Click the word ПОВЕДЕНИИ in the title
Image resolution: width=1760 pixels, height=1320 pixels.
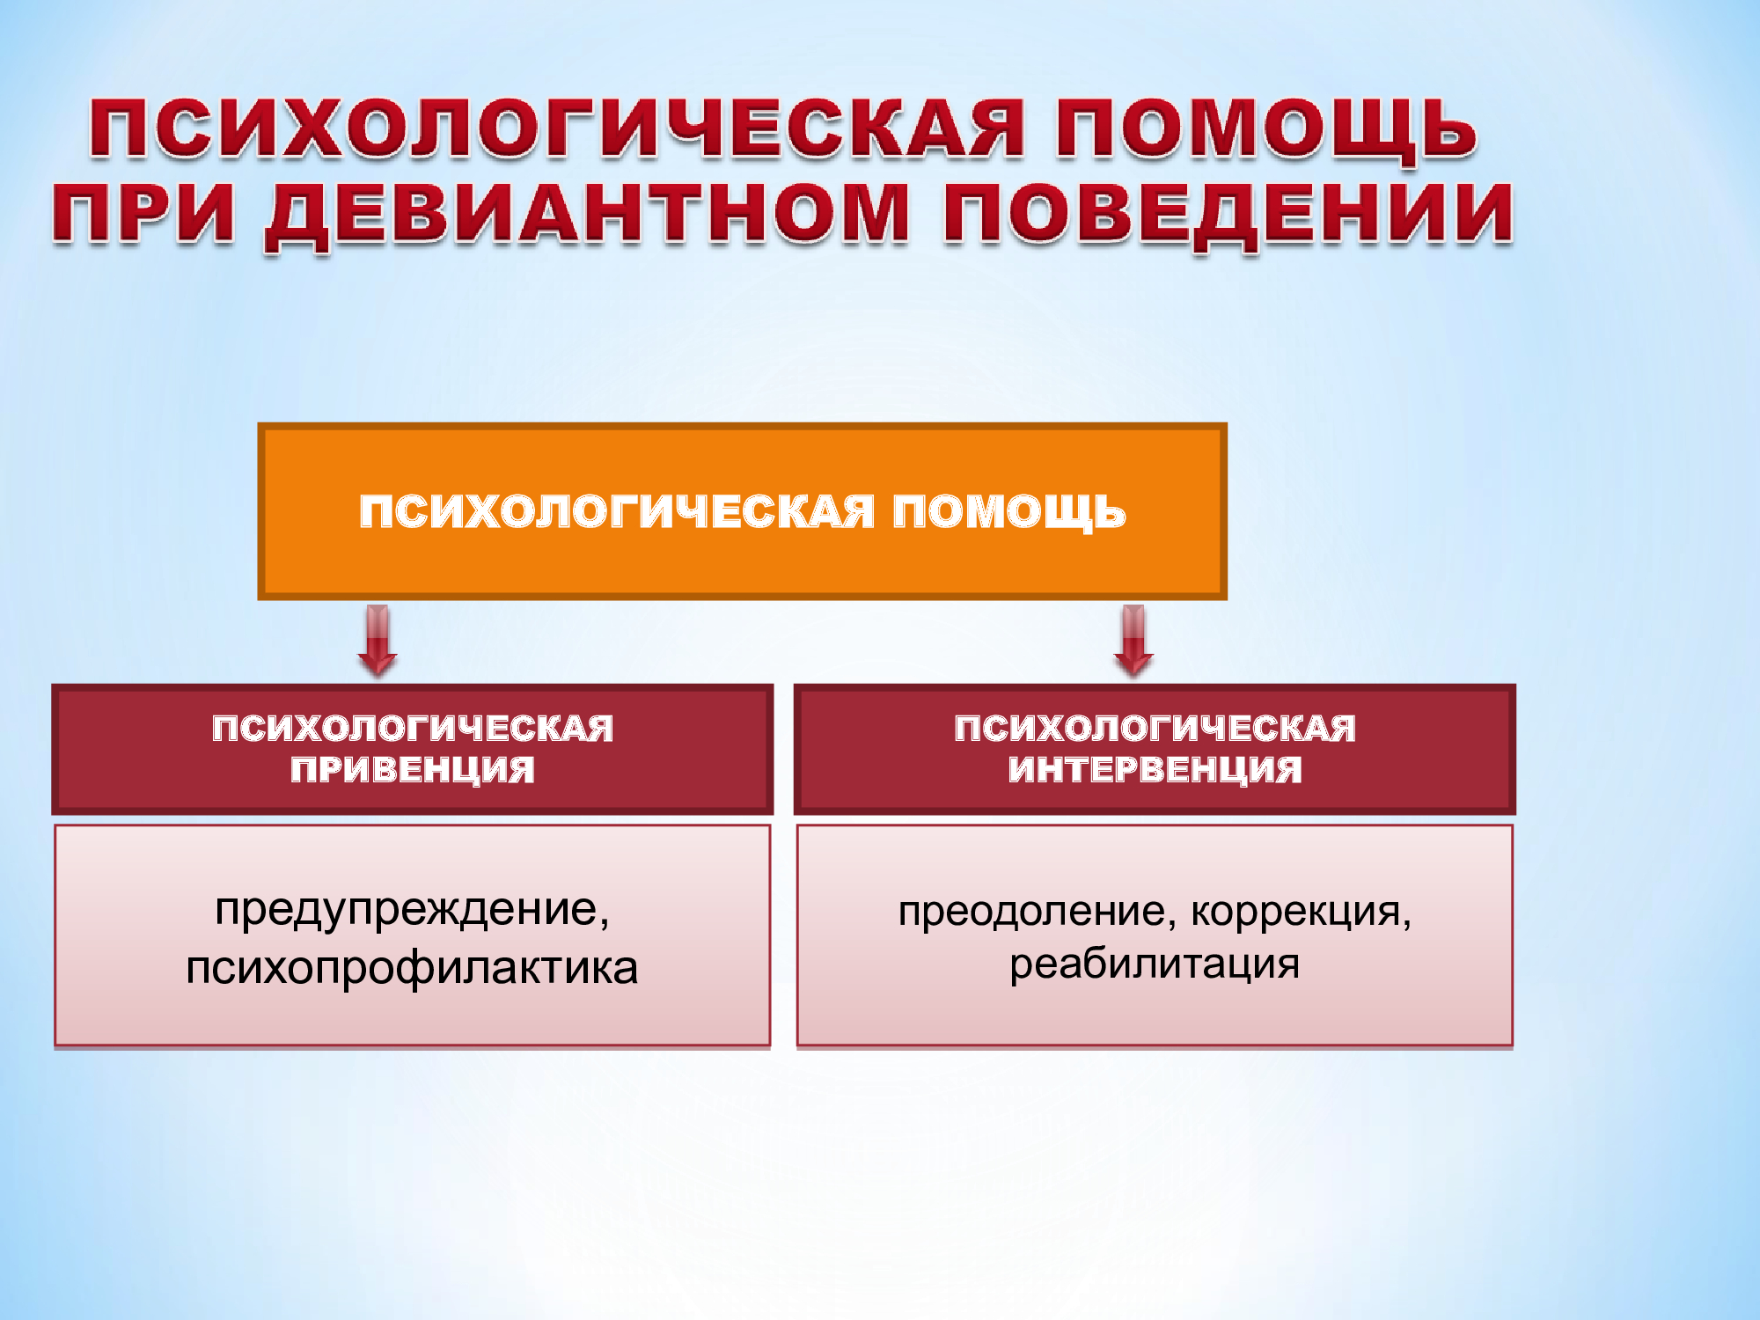tap(1228, 216)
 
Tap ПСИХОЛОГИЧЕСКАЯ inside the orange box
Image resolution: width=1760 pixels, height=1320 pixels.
tap(616, 511)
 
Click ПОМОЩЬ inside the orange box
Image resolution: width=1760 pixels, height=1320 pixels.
tap(1009, 512)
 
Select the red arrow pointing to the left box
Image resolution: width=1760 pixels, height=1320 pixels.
tap(378, 641)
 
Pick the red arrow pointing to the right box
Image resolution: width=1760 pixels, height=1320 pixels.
tap(1133, 641)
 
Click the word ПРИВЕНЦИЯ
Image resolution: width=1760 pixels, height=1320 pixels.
tap(413, 769)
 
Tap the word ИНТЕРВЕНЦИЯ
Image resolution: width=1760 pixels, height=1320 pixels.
tap(1155, 769)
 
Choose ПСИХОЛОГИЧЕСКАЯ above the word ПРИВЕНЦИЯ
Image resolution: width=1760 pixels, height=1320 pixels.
tap(413, 729)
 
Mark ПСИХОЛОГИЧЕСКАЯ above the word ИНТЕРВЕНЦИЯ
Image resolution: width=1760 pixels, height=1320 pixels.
tap(1155, 729)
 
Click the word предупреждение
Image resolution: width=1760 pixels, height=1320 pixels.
tap(407, 910)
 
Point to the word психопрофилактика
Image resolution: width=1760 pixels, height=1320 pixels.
tap(412, 968)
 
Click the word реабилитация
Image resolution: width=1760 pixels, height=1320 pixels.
tap(1155, 964)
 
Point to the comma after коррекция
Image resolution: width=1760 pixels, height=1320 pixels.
tap(1407, 924)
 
